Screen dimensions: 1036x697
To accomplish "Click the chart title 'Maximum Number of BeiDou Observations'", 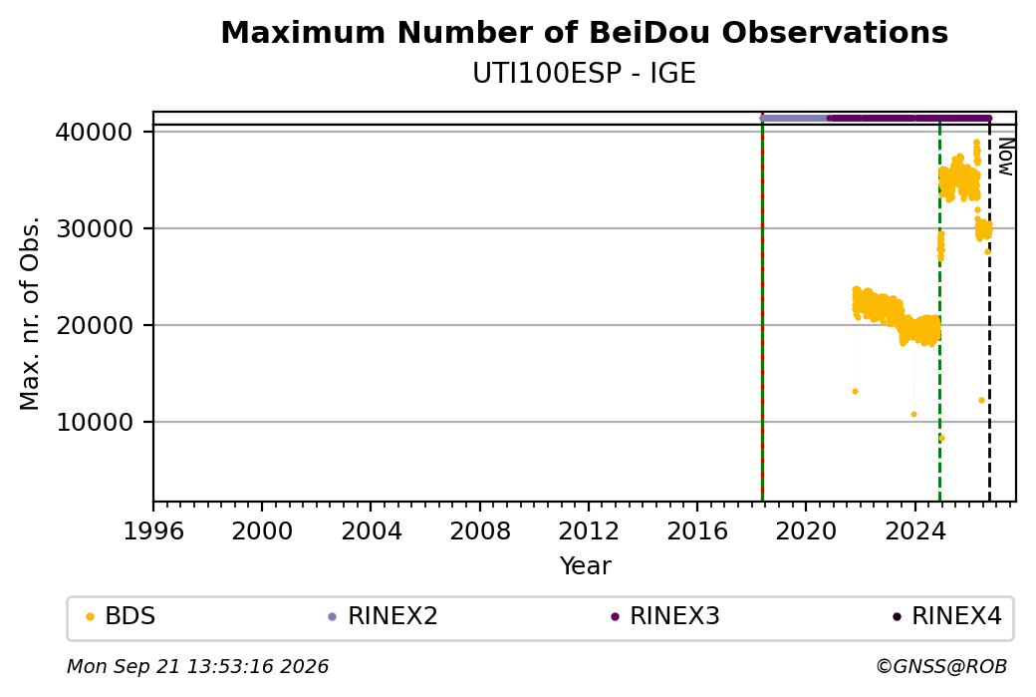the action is [x=584, y=32].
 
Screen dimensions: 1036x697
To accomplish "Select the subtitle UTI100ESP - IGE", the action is [x=584, y=74].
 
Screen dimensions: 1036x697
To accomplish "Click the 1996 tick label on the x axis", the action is [x=153, y=530].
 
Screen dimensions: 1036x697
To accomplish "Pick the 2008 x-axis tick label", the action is [x=480, y=530].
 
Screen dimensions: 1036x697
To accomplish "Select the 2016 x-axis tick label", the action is [x=697, y=530].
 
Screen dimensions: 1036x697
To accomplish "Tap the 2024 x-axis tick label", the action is [x=914, y=530].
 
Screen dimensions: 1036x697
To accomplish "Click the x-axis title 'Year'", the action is [x=586, y=566].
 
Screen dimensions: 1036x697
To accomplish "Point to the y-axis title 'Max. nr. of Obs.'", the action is [x=30, y=313].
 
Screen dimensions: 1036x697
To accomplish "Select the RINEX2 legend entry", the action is [x=384, y=616].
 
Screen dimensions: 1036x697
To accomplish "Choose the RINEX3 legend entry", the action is [x=665, y=616].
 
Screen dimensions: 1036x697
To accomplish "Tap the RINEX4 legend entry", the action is [x=947, y=616].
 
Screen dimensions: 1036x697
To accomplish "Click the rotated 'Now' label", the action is [x=1005, y=157].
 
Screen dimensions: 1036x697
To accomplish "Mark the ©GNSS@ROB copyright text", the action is [x=941, y=666].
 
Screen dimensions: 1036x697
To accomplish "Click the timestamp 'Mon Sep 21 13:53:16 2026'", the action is [x=197, y=666].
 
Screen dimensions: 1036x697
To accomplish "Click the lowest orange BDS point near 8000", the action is [x=941, y=438].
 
